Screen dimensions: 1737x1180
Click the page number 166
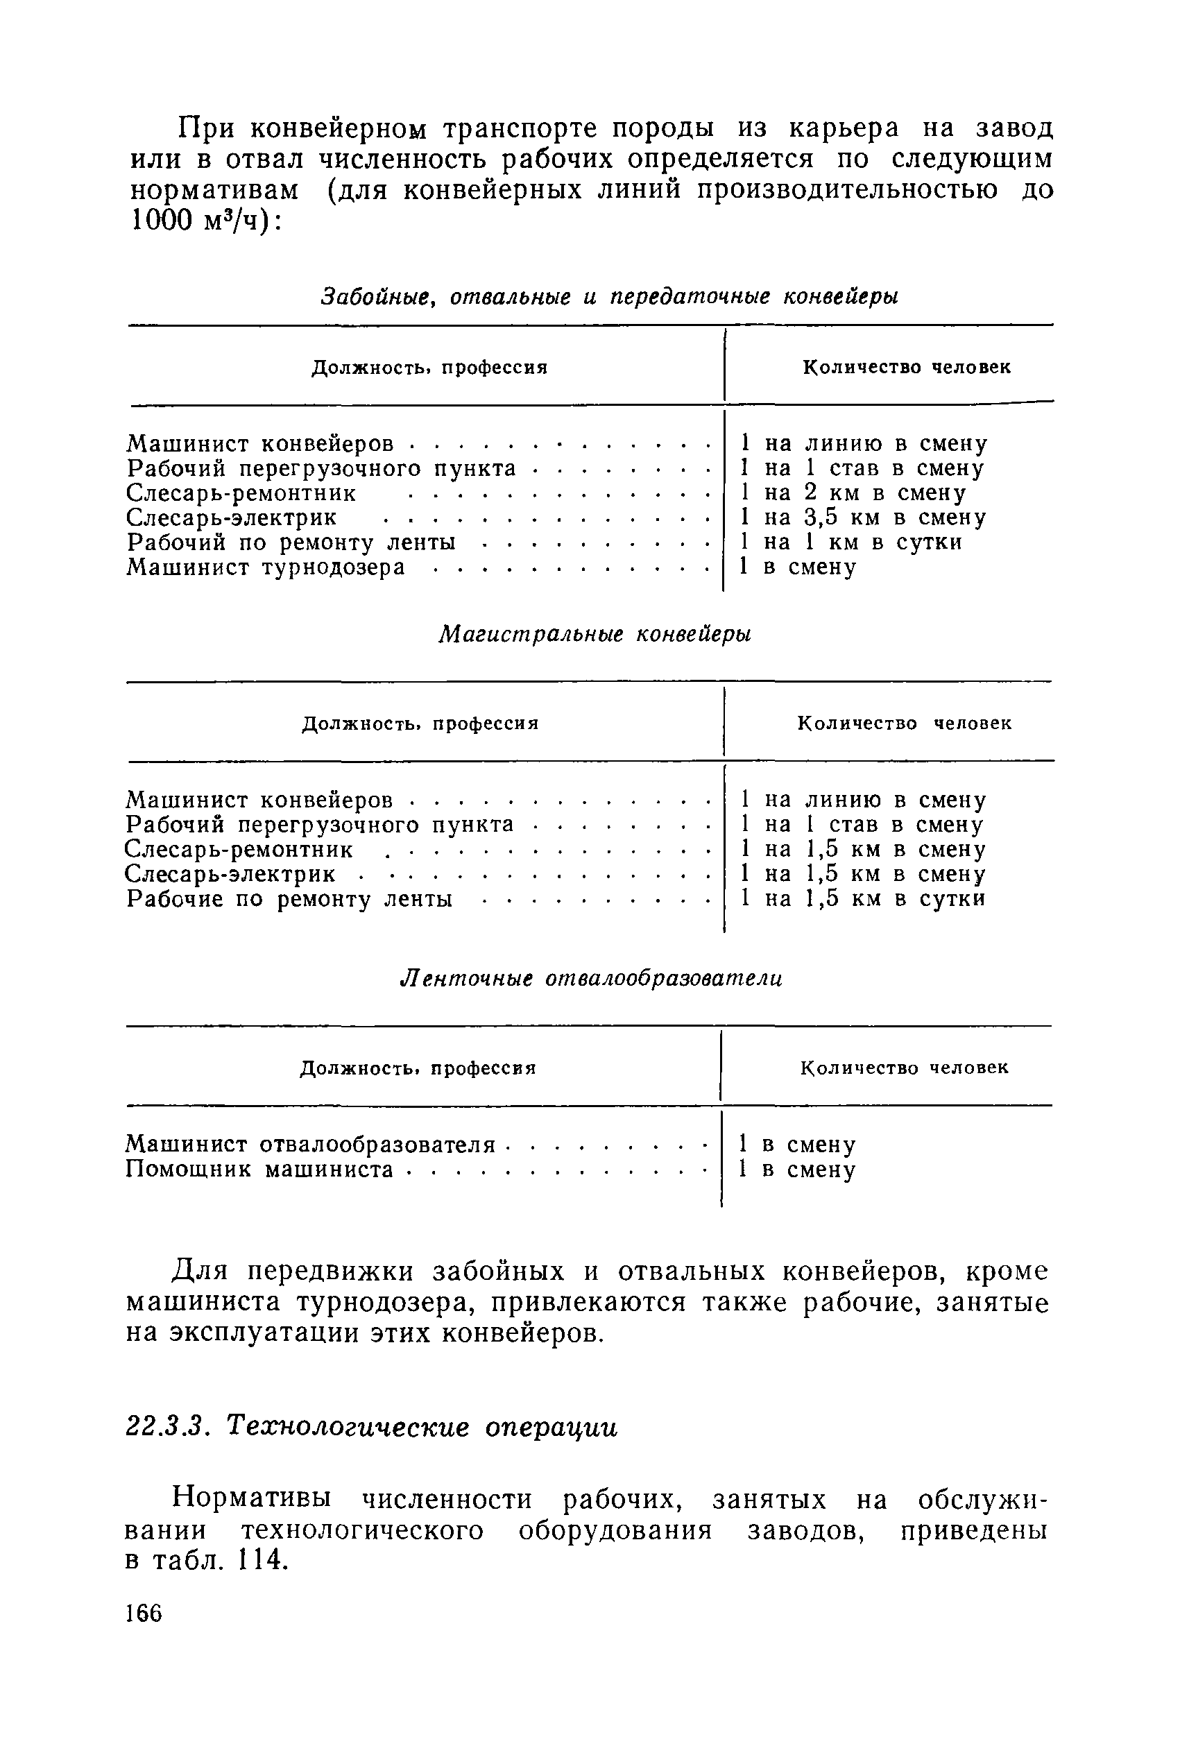point(144,1613)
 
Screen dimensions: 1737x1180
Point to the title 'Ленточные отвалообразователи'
point(592,978)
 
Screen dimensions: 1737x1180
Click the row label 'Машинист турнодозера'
point(266,567)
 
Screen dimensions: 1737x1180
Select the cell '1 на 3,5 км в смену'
point(862,517)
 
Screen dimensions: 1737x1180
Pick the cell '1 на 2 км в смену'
point(852,493)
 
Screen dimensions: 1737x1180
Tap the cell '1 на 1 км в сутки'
point(850,542)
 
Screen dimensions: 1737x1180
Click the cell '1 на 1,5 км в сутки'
point(862,898)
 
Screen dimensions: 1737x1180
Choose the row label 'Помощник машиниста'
point(259,1169)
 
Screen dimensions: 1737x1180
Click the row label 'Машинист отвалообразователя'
point(310,1145)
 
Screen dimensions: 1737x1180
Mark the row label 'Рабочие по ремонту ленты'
point(289,898)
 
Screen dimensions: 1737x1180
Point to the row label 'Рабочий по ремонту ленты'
point(291,542)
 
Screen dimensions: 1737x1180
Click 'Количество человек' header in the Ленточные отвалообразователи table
point(904,1068)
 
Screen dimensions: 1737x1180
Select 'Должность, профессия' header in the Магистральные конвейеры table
point(420,724)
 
